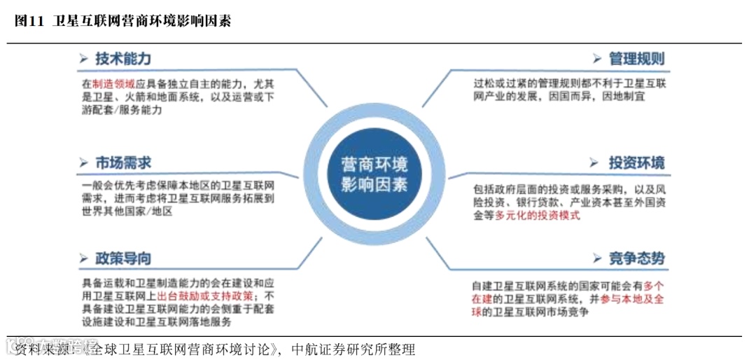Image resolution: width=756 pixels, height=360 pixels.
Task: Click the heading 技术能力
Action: [123, 59]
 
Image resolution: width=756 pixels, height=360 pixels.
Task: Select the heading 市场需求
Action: [123, 163]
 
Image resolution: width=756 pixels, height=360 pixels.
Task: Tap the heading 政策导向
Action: [123, 258]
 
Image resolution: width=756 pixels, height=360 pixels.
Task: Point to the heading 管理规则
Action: [637, 59]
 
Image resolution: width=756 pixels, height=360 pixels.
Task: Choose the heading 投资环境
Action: [636, 163]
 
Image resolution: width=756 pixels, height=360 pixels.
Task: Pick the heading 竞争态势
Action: [636, 258]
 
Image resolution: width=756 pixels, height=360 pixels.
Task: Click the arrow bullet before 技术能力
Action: [83, 59]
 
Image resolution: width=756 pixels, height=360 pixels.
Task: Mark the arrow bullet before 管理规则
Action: [597, 59]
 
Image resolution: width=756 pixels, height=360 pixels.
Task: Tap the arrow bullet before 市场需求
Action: [83, 163]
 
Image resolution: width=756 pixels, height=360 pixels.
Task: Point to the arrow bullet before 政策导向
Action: [83, 258]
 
